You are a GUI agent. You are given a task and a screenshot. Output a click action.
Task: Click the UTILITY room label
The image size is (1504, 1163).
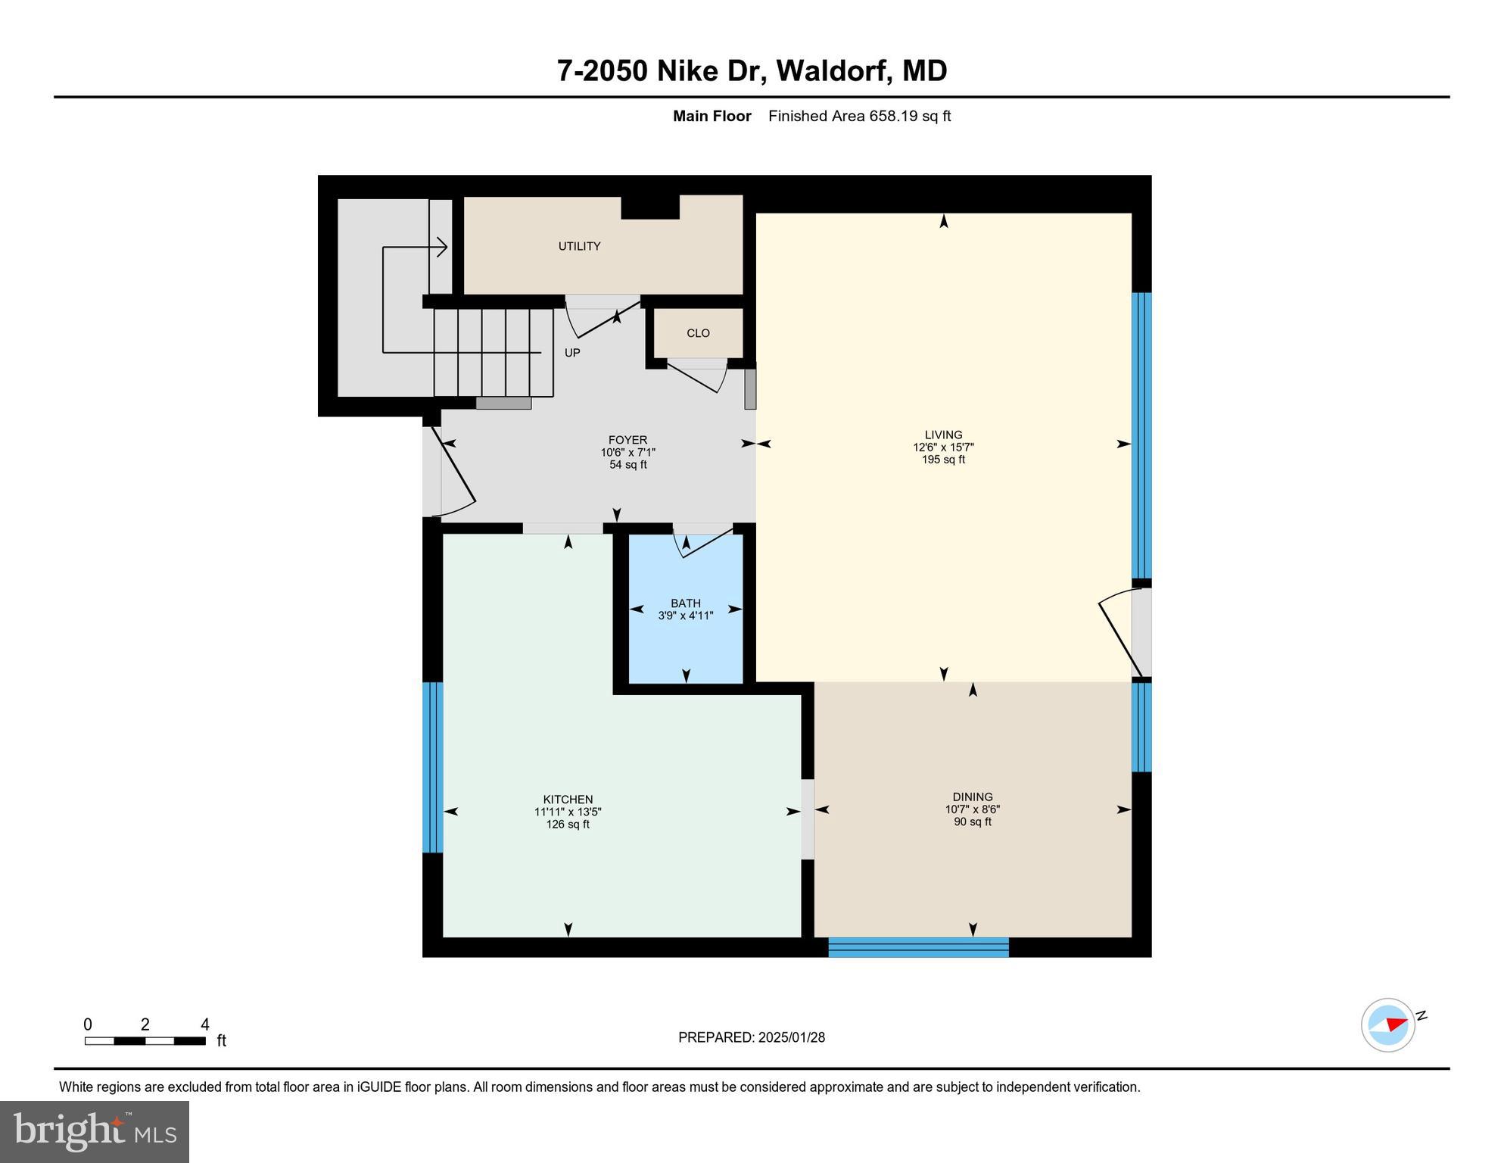(579, 246)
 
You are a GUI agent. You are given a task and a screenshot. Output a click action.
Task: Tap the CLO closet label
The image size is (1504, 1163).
(698, 333)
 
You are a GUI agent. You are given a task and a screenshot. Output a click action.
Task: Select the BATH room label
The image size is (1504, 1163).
(685, 603)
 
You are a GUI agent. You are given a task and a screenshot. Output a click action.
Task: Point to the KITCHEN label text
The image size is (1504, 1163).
(568, 800)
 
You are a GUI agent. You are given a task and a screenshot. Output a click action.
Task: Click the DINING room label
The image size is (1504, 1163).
(973, 797)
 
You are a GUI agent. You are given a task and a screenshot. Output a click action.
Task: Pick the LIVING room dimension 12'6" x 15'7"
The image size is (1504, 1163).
(943, 447)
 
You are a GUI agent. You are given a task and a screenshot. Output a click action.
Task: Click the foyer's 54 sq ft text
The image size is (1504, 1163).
(628, 465)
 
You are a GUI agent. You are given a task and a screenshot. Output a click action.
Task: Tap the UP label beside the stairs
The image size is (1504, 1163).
(572, 353)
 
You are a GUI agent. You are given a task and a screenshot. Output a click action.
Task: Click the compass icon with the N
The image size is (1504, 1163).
(1389, 1025)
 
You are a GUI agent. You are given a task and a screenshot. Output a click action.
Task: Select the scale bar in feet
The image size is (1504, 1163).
(145, 1040)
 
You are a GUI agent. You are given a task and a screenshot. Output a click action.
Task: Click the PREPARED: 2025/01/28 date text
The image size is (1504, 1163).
(752, 1037)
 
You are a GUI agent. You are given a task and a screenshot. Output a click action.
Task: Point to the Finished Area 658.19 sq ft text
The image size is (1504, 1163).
(859, 116)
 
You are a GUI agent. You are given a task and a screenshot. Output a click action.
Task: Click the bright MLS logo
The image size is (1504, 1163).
(95, 1131)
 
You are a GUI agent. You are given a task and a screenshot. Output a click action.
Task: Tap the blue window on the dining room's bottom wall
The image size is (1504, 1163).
(918, 947)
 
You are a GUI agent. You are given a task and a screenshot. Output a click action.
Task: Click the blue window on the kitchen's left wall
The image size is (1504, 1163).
(432, 767)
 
